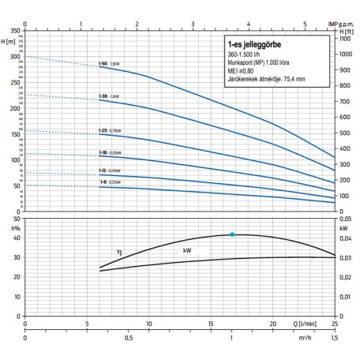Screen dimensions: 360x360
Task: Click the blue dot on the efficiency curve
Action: (231, 234)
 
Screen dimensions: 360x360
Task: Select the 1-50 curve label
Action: (103, 63)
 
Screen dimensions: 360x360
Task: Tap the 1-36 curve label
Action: (103, 96)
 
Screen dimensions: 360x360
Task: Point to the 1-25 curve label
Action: (103, 129)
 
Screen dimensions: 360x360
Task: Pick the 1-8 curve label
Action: (102, 182)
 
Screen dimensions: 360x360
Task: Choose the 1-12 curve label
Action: (103, 171)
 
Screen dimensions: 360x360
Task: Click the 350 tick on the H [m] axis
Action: (15, 30)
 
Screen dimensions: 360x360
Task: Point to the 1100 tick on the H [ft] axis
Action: (344, 38)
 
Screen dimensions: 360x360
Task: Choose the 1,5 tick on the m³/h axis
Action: (335, 339)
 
